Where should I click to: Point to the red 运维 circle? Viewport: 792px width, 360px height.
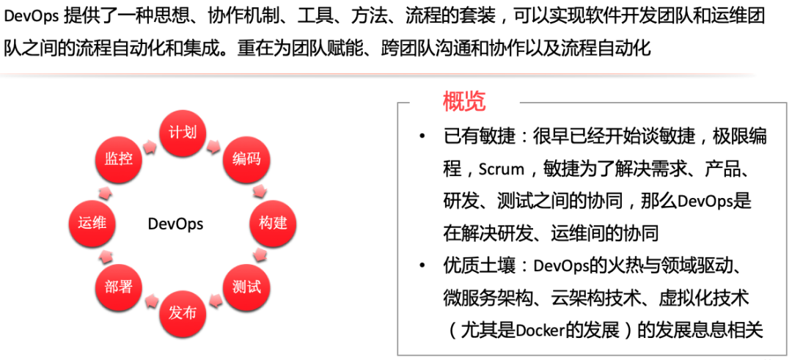click(92, 223)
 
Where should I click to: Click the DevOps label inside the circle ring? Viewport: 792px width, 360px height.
click(176, 224)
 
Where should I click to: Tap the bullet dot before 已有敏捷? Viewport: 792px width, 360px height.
click(422, 137)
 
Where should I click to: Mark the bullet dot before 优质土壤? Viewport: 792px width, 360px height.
click(422, 266)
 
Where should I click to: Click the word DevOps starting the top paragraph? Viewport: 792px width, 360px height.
click(31, 17)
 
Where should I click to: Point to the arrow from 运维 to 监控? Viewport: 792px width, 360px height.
click(105, 192)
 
